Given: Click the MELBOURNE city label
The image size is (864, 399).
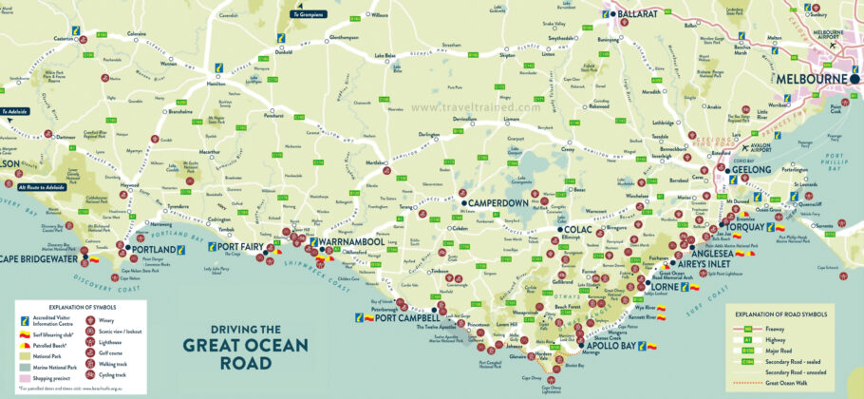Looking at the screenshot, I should point(813,79).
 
